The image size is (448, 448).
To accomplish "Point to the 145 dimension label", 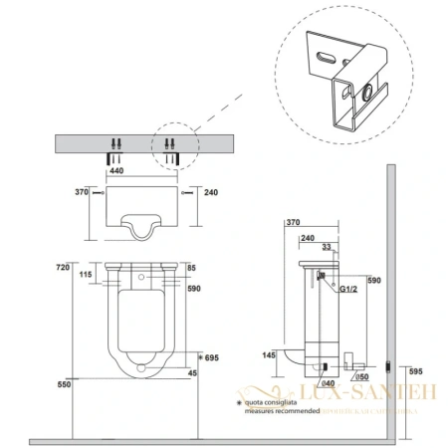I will (270, 355).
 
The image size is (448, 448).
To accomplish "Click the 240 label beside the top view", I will (209, 194).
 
